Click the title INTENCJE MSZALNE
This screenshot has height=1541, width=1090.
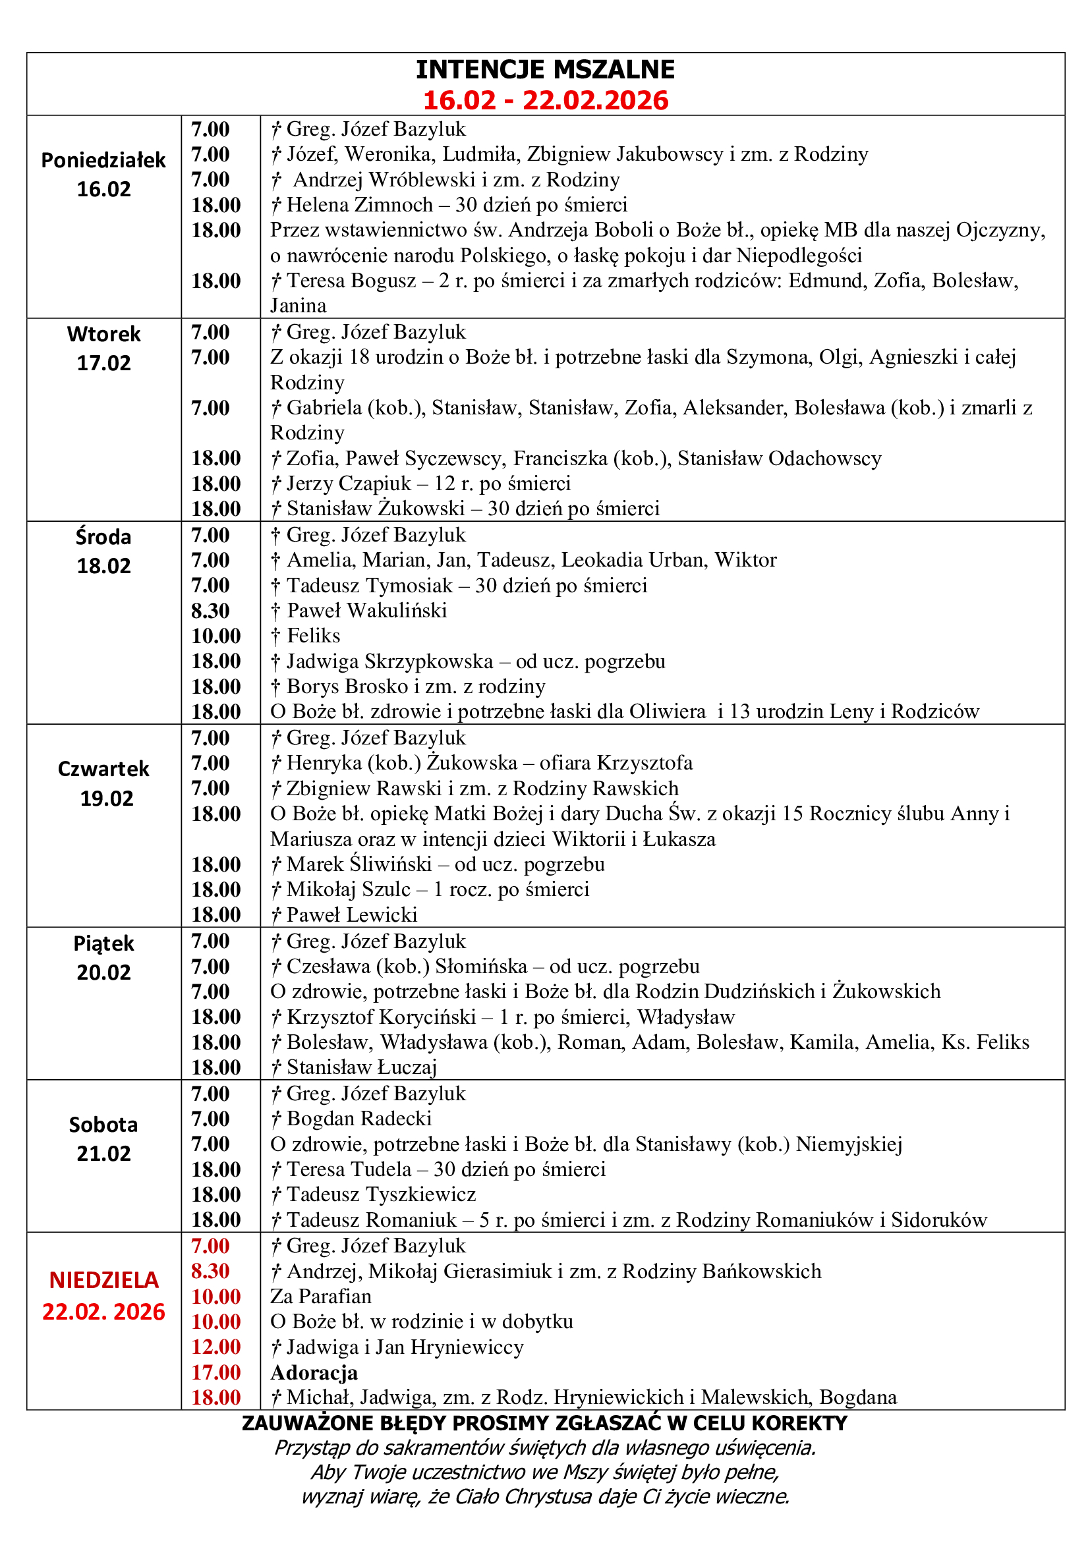pyautogui.click(x=545, y=70)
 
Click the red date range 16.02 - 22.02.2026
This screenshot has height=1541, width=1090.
pyautogui.click(x=545, y=101)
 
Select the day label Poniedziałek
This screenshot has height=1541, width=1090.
pyautogui.click(x=103, y=160)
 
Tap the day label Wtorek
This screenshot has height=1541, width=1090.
pyautogui.click(x=103, y=334)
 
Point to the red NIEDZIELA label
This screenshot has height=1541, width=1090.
pyautogui.click(x=103, y=1281)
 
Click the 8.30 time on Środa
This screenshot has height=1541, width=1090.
pyautogui.click(x=210, y=611)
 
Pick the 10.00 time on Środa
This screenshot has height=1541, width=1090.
pyautogui.click(x=215, y=636)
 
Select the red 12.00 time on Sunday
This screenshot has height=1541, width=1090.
pyautogui.click(x=215, y=1347)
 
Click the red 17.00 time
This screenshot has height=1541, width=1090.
pyautogui.click(x=215, y=1372)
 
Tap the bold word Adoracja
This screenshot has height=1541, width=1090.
pyautogui.click(x=314, y=1372)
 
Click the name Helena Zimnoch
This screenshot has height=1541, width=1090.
pyautogui.click(x=359, y=205)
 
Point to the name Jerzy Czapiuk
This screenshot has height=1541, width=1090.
pyautogui.click(x=349, y=483)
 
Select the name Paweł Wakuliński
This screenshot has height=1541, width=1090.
pyautogui.click(x=366, y=611)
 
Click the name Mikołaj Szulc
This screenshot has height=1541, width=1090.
pyautogui.click(x=349, y=889)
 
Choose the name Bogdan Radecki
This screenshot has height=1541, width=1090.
pyautogui.click(x=359, y=1119)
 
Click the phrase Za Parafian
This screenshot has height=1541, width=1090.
pyautogui.click(x=321, y=1296)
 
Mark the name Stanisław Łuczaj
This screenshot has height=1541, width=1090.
pyautogui.click(x=362, y=1067)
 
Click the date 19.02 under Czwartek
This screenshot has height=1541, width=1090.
pyautogui.click(x=106, y=799)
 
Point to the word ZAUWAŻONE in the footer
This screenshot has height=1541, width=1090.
pyautogui.click(x=304, y=1424)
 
